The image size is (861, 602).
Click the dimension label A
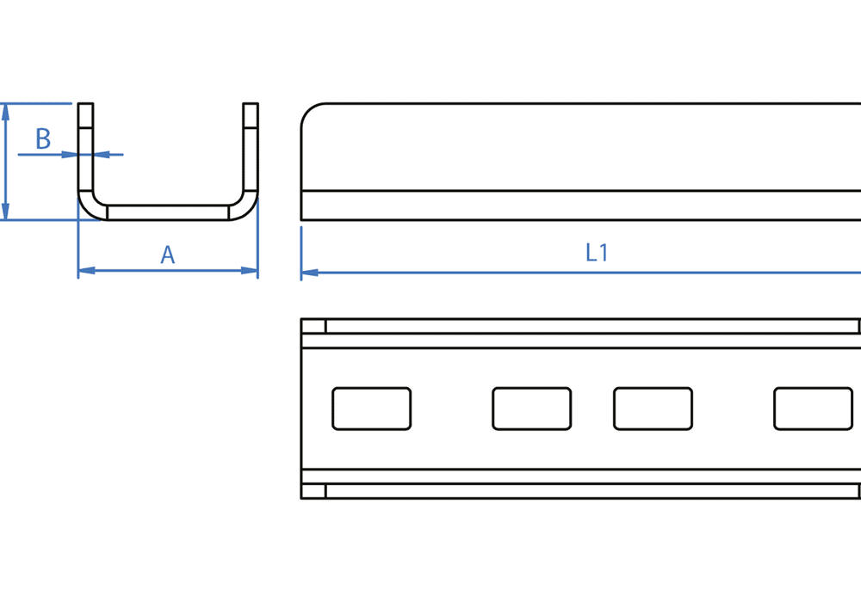pos(168,255)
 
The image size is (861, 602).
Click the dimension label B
pos(43,138)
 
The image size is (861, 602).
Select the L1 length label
pos(597,253)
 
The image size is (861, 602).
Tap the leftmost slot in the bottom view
pos(371,408)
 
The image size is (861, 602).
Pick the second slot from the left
pos(531,408)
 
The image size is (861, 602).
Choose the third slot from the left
pos(653,408)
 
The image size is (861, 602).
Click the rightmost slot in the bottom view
pos(813,408)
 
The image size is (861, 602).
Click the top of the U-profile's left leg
pos(85,106)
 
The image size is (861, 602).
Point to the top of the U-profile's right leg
pos(251,106)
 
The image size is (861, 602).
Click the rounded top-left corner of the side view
pos(310,113)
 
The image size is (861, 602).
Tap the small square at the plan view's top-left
pos(313,326)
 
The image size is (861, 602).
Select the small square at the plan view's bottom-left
pos(313,491)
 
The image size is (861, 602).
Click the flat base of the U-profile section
pos(168,212)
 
